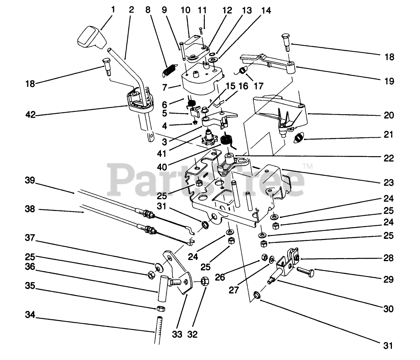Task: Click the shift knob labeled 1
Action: [x=91, y=37]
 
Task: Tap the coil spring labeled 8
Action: [x=169, y=69]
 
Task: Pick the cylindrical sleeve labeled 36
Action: [x=163, y=288]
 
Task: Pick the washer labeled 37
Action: [x=158, y=266]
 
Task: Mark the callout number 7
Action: [x=165, y=88]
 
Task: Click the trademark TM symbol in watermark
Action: [x=308, y=166]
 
